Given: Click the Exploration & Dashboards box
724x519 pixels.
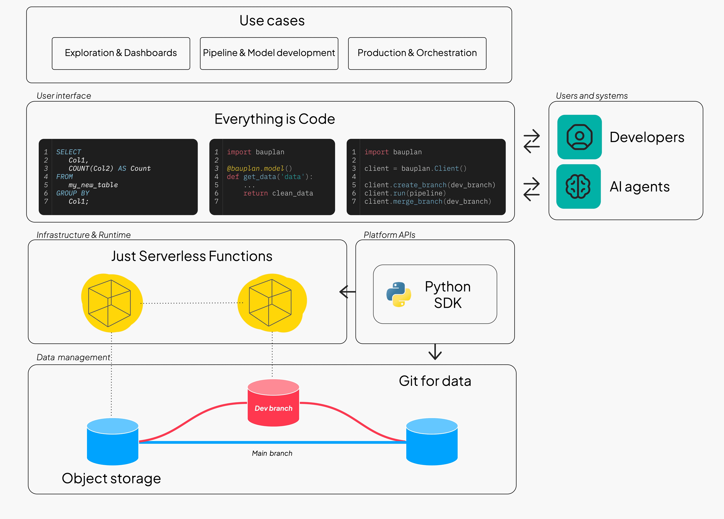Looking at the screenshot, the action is [121, 53].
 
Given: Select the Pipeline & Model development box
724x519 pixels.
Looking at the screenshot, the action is [269, 53].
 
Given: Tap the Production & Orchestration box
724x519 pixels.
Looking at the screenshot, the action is [417, 53].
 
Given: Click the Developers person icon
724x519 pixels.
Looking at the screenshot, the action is [579, 137].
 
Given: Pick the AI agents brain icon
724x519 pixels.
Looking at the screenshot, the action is [578, 186].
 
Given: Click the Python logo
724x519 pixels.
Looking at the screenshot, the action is [399, 294].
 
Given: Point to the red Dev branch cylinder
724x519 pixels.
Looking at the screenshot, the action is [273, 403].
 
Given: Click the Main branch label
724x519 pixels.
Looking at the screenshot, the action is [272, 453].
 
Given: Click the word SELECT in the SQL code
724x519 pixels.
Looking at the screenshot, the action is [69, 152].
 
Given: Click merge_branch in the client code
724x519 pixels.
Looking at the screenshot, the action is [418, 201].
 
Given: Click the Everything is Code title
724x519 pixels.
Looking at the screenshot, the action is [275, 119].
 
